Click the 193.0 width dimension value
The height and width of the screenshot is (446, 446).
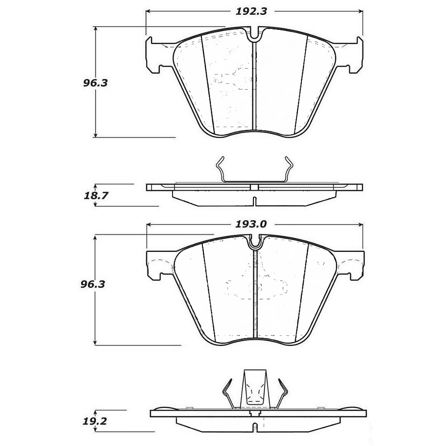250,224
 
